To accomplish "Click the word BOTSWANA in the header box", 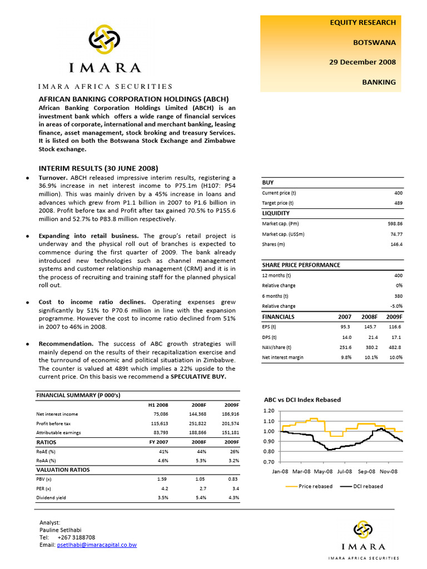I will tap(375, 42).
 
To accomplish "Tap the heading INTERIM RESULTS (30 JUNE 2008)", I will tap(98, 168).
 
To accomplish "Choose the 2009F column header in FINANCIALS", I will tap(394, 317).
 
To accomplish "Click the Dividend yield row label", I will tap(51, 497).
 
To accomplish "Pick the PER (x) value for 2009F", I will tap(235, 487).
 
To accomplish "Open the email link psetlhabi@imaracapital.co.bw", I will tap(97, 545).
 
